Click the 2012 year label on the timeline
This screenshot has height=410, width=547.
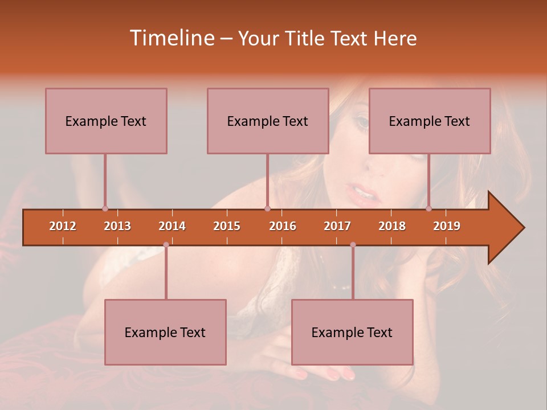point(63,226)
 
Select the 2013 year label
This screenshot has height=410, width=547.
point(117,226)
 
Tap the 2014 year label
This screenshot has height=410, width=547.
point(172,226)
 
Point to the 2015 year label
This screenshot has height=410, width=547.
point(227,226)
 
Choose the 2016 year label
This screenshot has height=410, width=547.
point(283,226)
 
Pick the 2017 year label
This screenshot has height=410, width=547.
point(337,226)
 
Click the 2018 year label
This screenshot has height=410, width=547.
point(392,226)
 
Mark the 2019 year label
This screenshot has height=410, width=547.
point(447,226)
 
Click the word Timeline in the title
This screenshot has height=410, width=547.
point(171,38)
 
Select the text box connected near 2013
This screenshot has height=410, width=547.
point(106,121)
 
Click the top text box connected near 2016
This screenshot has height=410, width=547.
point(268,121)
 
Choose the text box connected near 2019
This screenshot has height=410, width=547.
point(430,121)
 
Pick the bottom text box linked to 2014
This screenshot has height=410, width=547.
point(165,332)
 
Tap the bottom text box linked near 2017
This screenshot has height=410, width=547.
point(352,332)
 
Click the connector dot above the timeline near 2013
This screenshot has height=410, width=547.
point(105,208)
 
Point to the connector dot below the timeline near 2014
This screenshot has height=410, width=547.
point(166,245)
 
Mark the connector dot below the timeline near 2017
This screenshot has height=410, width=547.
point(353,245)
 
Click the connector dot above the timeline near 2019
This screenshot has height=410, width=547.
point(428,208)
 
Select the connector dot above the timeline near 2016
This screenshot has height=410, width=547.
point(267,208)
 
